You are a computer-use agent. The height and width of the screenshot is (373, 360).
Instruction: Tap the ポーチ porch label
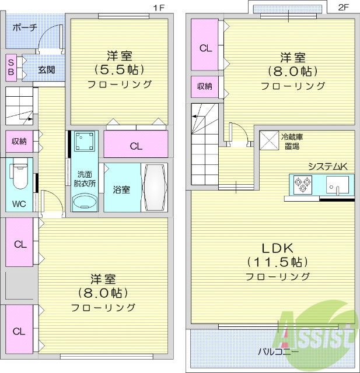25,27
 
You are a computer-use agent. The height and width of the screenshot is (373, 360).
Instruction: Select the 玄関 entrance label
47,70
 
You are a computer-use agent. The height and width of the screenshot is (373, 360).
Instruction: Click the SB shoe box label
12,67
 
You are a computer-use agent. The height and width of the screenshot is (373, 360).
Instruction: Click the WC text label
19,205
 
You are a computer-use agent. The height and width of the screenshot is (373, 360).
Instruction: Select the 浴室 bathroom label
121,189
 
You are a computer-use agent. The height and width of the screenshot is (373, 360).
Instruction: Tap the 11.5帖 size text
277,262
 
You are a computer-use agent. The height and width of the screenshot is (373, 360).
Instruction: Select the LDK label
278,247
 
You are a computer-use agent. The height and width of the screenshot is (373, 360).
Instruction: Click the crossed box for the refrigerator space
269,140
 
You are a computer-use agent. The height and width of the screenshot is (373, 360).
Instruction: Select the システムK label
328,167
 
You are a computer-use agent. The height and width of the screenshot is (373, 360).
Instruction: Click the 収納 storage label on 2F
204,86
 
